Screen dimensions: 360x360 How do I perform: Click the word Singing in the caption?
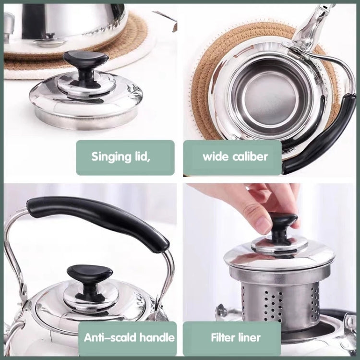(111, 157)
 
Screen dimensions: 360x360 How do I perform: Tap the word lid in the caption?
(143, 157)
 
